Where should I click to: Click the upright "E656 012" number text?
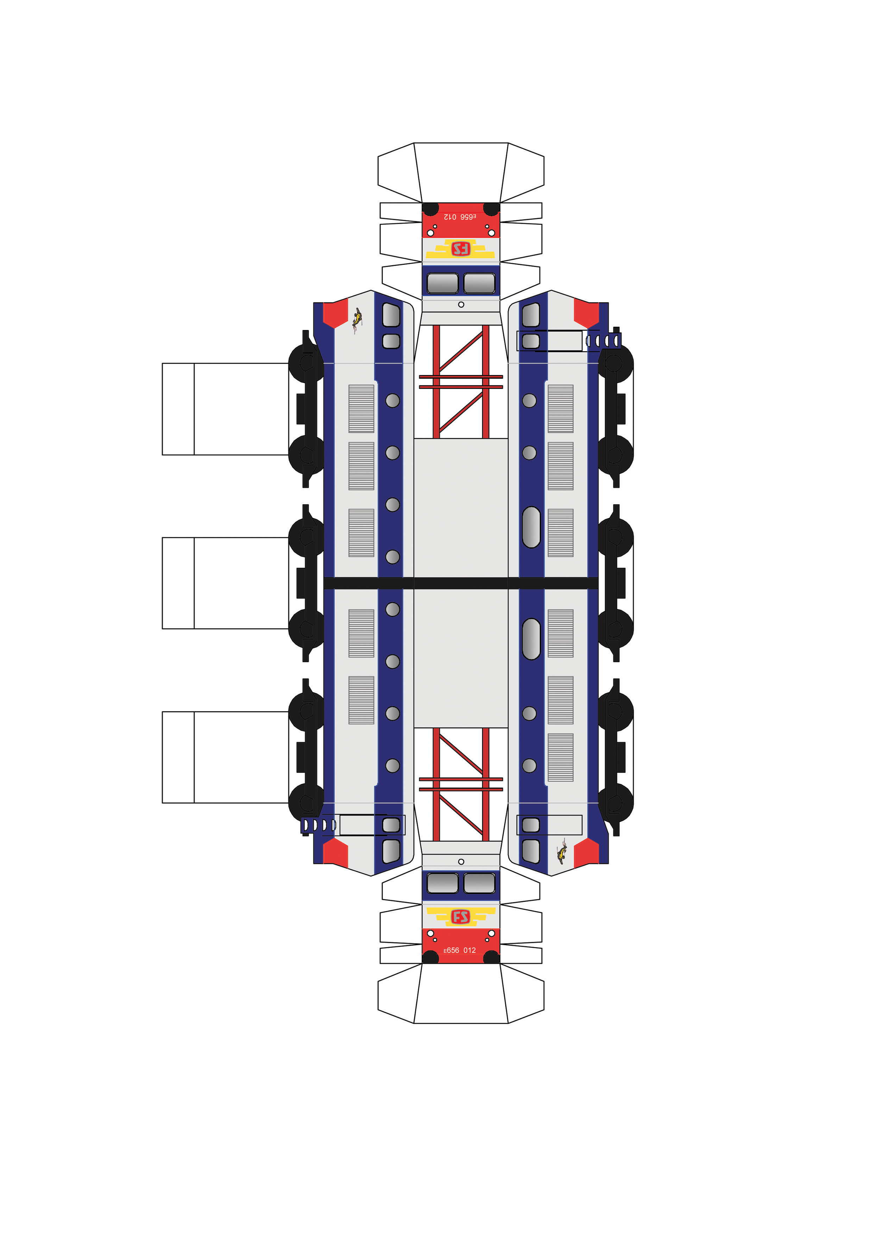460,950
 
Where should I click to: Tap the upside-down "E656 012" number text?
460,216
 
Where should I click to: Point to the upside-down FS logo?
460,249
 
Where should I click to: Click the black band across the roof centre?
461,583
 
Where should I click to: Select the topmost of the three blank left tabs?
225,409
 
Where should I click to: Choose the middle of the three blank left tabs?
225,583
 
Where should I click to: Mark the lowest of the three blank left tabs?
225,758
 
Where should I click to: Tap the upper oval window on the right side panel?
532,527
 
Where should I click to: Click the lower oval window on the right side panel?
532,639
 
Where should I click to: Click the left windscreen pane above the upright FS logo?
442,883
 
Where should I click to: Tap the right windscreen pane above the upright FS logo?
479,883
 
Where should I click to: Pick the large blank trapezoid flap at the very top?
461,172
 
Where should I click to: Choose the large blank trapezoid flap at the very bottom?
461,993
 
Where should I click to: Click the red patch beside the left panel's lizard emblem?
335,314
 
